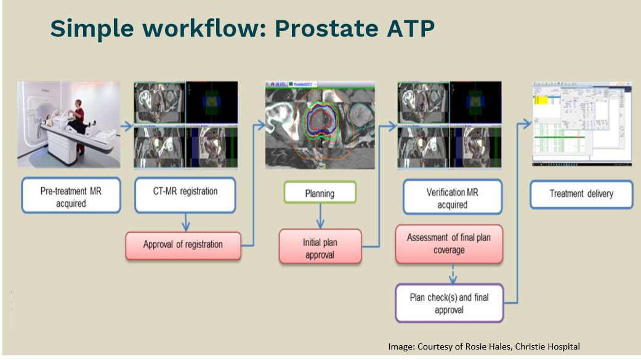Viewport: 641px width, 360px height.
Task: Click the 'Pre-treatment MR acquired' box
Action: (x=71, y=196)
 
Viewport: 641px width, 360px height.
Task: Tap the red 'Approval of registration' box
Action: (x=183, y=244)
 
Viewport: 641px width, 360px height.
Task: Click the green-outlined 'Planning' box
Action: (x=320, y=193)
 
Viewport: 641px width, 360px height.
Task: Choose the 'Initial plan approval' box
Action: (x=319, y=247)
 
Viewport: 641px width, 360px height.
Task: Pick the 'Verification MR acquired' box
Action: (x=452, y=197)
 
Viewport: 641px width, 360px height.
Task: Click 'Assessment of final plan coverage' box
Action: (x=449, y=244)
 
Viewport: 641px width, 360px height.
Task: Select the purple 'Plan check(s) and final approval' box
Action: (x=449, y=303)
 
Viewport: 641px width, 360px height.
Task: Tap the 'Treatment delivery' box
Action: (x=581, y=194)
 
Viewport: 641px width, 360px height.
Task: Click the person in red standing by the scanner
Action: (x=78, y=116)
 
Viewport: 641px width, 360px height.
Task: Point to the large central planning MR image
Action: (x=320, y=126)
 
